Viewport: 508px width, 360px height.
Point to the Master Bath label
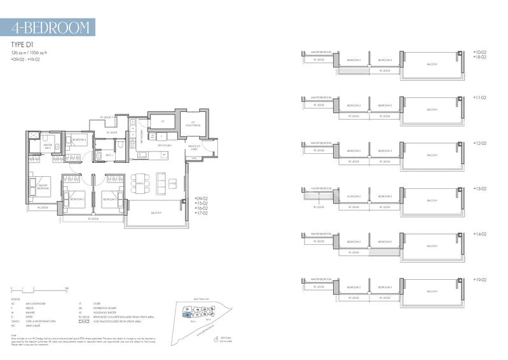pyautogui.click(x=47, y=146)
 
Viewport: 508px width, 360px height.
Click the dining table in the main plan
pyautogui.click(x=141, y=183)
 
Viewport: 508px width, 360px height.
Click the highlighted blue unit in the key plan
pyautogui.click(x=187, y=314)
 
